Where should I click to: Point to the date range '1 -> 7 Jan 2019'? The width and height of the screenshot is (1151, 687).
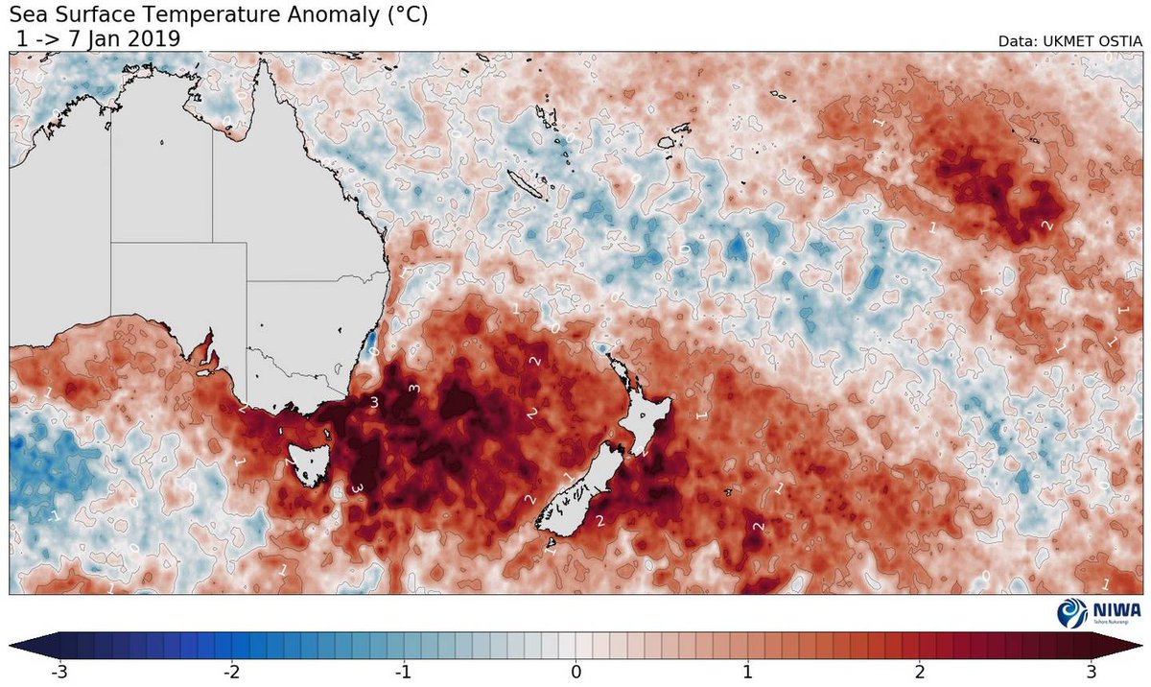98,37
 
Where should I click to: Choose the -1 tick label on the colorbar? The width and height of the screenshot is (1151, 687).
403,671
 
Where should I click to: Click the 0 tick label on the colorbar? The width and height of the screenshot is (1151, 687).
576,671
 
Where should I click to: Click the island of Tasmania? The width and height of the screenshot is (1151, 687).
309,458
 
